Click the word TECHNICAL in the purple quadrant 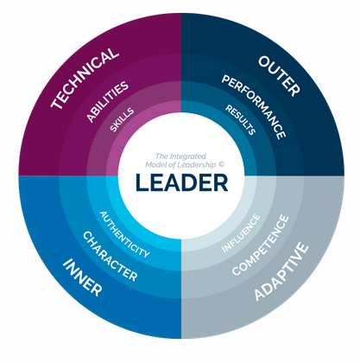(85, 79)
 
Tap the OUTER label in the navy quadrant (280, 76)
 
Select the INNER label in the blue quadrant (83, 277)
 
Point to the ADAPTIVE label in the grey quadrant (281, 271)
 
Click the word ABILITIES (107, 101)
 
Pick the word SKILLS (122, 120)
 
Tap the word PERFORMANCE (254, 107)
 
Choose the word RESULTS (241, 119)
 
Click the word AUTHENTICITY (124, 234)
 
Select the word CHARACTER (110, 257)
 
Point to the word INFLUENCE (241, 233)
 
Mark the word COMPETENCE (261, 245)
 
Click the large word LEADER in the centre (182, 182)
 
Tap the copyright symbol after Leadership (221, 164)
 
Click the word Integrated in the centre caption (188, 156)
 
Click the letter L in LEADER (142, 182)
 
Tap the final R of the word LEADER (221, 182)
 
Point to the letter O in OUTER (266, 62)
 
